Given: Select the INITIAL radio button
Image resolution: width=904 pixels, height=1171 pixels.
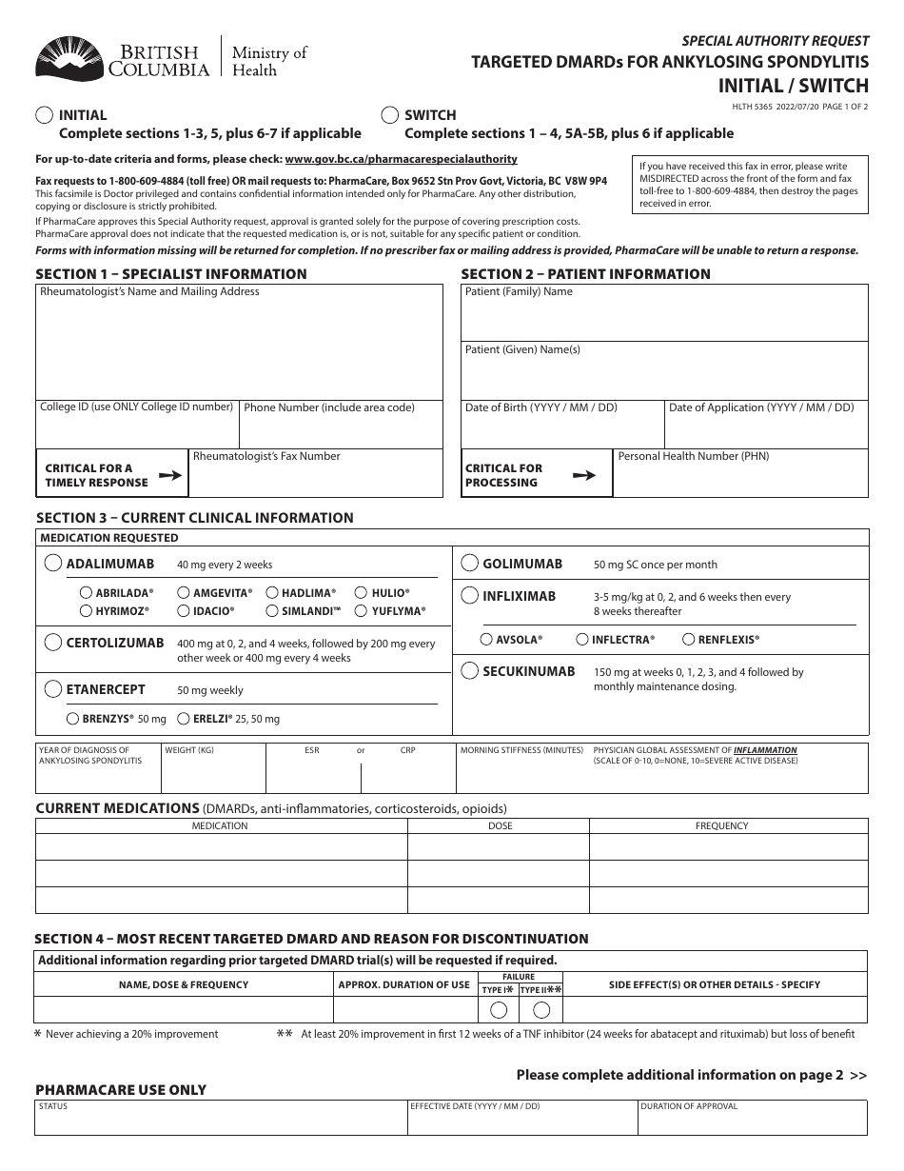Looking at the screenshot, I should [x=44, y=114].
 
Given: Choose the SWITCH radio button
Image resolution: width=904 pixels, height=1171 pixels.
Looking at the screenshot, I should [x=389, y=114].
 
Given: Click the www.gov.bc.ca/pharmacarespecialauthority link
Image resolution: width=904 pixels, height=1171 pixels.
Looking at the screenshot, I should [x=401, y=160].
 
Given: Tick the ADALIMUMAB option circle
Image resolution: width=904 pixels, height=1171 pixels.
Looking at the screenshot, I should [x=53, y=564].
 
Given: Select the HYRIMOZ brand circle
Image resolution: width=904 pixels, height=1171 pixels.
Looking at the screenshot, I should [x=87, y=611].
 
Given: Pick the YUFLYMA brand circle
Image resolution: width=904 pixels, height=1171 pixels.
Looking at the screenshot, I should [x=363, y=611].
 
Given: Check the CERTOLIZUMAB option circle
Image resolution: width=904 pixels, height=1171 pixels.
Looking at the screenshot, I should [x=53, y=643].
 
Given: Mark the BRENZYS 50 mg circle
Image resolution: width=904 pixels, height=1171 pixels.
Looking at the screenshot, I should [x=73, y=719].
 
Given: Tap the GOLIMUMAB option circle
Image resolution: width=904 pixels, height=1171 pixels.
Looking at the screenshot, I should [x=469, y=563].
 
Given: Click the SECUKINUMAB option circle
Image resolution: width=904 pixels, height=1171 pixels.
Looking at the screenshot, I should [x=469, y=671].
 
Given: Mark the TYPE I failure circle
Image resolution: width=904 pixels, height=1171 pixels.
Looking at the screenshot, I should [x=496, y=1009].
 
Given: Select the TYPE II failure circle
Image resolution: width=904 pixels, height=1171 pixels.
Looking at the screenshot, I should [x=541, y=1009].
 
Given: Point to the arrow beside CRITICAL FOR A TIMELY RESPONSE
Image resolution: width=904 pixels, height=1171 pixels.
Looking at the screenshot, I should [x=169, y=474].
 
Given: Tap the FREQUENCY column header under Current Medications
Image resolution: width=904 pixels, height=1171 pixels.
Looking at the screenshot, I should [x=721, y=825].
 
